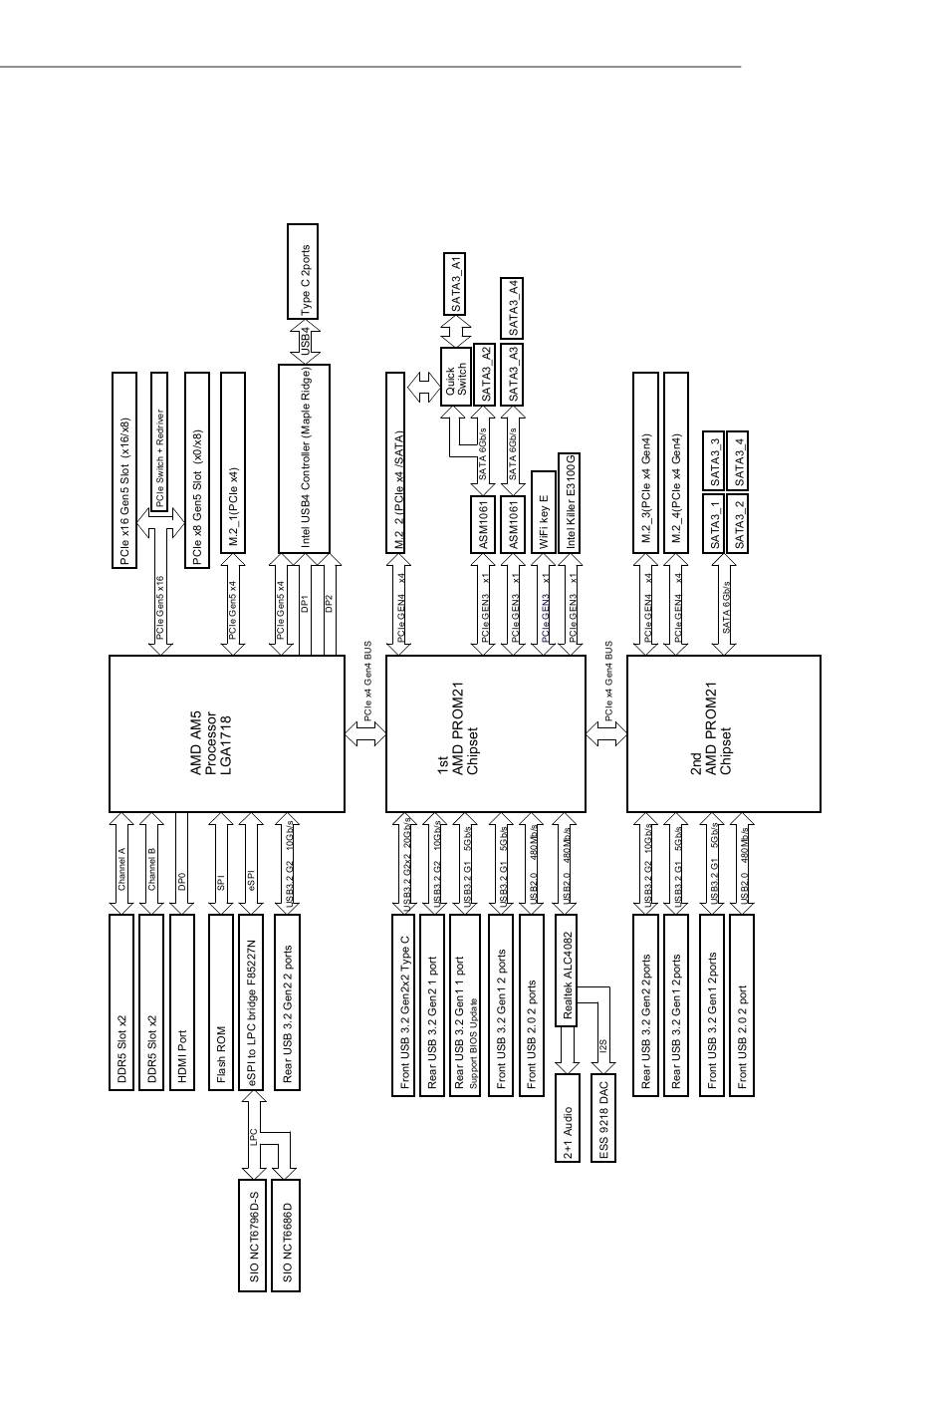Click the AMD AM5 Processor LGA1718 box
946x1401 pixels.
[225, 733]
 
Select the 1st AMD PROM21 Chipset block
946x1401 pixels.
[485, 733]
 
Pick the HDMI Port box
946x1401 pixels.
[181, 1001]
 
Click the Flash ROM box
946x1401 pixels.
[221, 1001]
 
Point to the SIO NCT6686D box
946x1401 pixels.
[287, 1235]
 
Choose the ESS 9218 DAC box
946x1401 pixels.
[603, 1118]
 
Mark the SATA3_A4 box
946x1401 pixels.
[513, 308]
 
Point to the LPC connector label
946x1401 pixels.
[254, 1135]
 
